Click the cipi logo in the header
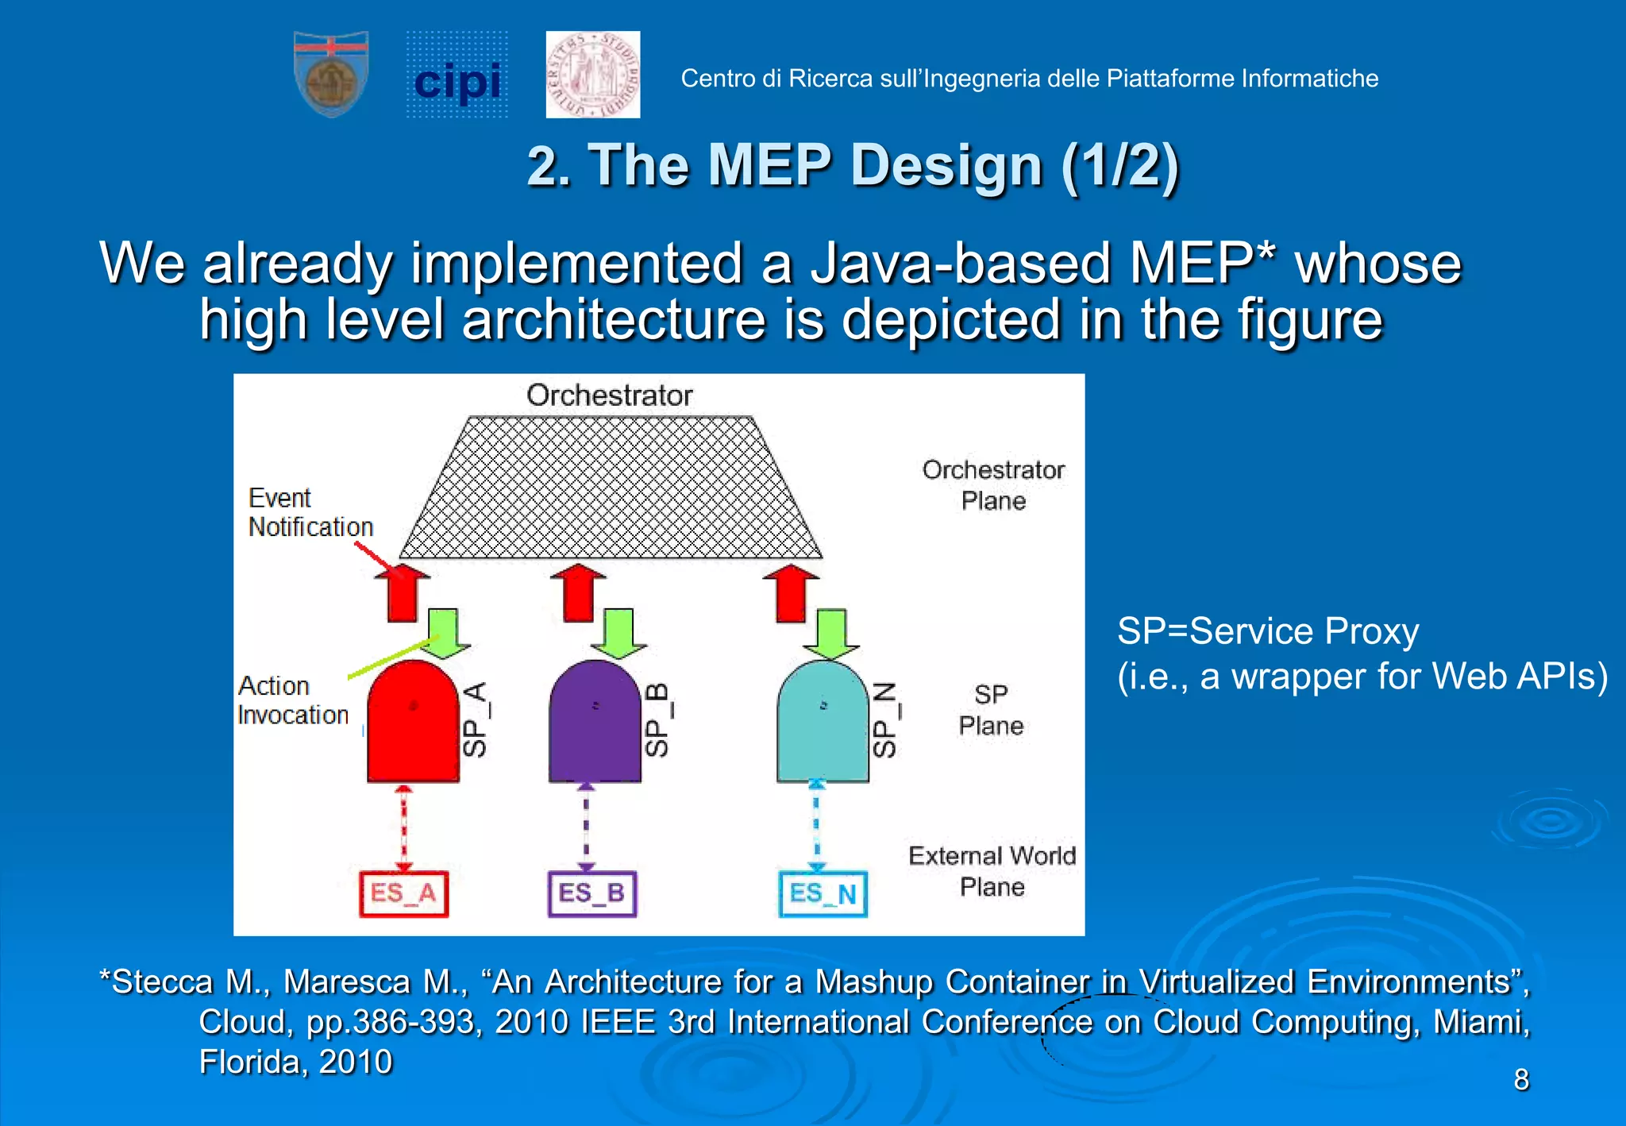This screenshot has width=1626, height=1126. point(457,76)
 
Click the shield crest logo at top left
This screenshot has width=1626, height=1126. point(331,75)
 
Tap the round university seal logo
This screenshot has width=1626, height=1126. point(593,75)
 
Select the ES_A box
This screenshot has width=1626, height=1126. point(403,894)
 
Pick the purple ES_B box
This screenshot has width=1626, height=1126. point(592,894)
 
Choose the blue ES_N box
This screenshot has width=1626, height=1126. point(823,894)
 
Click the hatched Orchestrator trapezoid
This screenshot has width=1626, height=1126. point(610,488)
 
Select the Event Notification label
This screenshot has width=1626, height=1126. point(310,512)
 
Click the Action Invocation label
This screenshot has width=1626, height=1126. point(292,700)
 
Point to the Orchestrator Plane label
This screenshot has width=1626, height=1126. point(992,485)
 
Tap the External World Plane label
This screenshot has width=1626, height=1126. point(992,871)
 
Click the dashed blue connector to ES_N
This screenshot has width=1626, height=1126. point(817,826)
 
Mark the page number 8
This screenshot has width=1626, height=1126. point(1520,1080)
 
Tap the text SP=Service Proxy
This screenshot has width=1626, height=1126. point(1267,631)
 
